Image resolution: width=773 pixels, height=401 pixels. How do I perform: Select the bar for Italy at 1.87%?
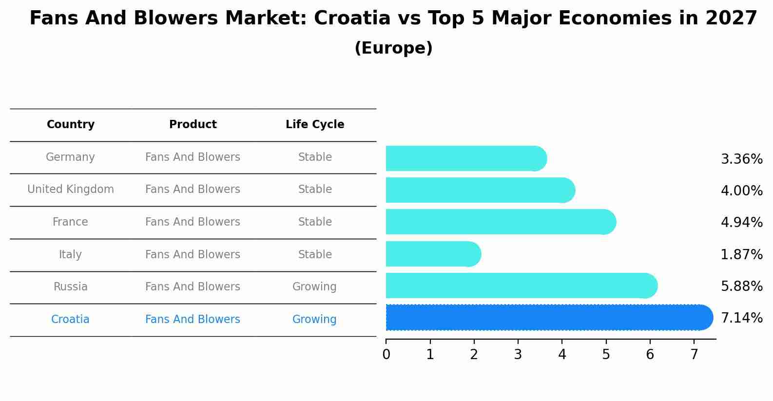(433, 254)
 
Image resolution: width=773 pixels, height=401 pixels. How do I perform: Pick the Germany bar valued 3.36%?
(466, 158)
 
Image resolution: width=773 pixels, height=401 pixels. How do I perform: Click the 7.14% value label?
(741, 318)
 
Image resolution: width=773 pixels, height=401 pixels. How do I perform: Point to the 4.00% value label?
(741, 191)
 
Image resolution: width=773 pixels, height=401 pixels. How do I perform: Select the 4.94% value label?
(741, 222)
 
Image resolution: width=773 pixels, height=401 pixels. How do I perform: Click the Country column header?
(71, 125)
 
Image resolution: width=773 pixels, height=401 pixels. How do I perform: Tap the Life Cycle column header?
(315, 125)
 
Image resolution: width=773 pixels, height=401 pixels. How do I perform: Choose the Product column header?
(193, 125)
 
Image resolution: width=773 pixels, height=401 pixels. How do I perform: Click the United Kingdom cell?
(71, 189)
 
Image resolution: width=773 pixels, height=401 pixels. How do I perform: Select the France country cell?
(71, 222)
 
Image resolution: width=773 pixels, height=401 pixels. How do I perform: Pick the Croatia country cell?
(71, 319)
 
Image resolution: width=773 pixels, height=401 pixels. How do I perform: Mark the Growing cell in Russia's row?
(314, 286)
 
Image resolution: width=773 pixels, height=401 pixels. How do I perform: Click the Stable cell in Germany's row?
(315, 157)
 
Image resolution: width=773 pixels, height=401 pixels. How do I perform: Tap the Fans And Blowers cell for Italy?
(193, 254)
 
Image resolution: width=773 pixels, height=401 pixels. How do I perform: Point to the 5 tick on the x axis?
(606, 355)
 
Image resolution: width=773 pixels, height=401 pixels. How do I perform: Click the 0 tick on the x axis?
(386, 355)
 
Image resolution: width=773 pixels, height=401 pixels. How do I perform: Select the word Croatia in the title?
(352, 19)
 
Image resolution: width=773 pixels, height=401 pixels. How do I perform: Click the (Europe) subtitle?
(393, 48)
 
